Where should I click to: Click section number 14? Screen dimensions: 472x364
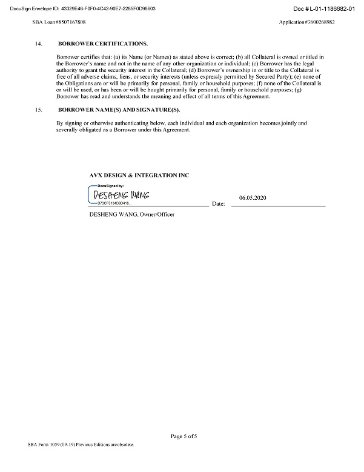pos(39,44)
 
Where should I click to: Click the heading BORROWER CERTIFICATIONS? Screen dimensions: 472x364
pos(102,44)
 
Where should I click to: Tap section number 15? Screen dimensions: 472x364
pos(39,110)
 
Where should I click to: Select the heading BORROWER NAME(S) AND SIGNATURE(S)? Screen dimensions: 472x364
pos(119,110)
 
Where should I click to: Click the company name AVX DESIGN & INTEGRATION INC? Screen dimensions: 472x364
pos(139,175)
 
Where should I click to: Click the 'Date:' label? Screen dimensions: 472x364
pos(219,204)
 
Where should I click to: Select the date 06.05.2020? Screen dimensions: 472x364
pos(252,197)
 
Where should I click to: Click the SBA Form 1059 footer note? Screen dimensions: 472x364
pos(80,444)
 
